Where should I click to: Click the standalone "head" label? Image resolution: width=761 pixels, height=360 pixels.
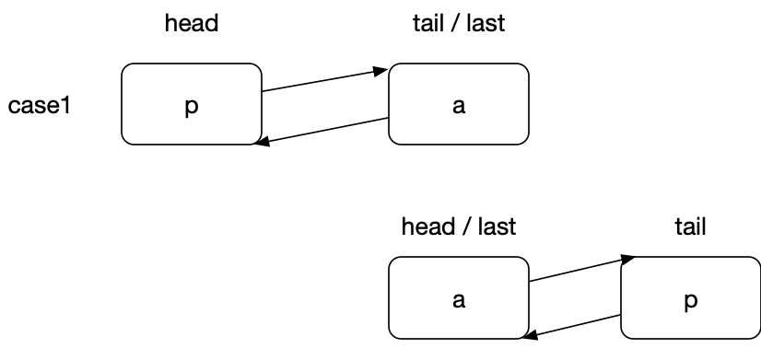pyautogui.click(x=191, y=24)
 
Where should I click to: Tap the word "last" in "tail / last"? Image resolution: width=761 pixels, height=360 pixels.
pyautogui.click(x=485, y=24)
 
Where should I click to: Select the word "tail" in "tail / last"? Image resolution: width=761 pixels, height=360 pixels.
pyautogui.click(x=426, y=24)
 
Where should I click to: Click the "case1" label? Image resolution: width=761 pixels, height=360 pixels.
pyautogui.click(x=40, y=106)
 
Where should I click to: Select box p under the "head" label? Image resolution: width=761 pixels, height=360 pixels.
pyautogui.click(x=191, y=104)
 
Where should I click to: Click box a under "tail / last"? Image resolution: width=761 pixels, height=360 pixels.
pyautogui.click(x=458, y=104)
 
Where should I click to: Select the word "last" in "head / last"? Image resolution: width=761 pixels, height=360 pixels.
pyautogui.click(x=496, y=226)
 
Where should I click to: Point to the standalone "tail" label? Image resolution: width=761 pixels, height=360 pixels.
pyautogui.click(x=690, y=226)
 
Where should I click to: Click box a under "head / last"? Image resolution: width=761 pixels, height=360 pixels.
pyautogui.click(x=458, y=298)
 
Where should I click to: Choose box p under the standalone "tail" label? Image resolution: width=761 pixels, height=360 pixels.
pyautogui.click(x=690, y=298)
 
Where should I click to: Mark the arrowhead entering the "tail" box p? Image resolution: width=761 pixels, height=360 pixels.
pyautogui.click(x=628, y=260)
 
